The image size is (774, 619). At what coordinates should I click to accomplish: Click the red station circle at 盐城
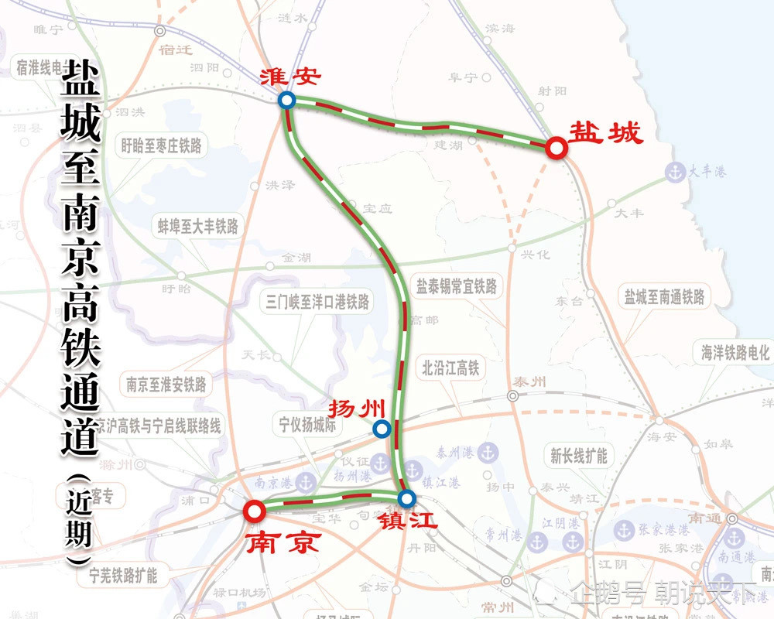pyautogui.click(x=555, y=148)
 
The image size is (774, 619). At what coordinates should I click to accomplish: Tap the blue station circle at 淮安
pyautogui.click(x=287, y=100)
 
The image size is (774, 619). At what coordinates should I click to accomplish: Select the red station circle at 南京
pyautogui.click(x=253, y=511)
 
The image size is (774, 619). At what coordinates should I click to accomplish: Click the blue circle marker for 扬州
pyautogui.click(x=381, y=429)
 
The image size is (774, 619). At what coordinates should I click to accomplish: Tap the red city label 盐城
pyautogui.click(x=606, y=132)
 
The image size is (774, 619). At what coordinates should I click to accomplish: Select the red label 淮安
pyautogui.click(x=290, y=76)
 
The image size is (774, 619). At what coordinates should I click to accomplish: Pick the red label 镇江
pyautogui.click(x=408, y=521)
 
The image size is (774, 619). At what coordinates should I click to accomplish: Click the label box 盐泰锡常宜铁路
pyautogui.click(x=457, y=288)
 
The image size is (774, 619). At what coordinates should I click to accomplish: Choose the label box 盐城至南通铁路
pyautogui.click(x=665, y=296)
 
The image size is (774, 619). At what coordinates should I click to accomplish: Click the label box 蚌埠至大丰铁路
pyautogui.click(x=198, y=226)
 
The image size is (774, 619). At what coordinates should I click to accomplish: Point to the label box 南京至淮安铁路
pyautogui.click(x=166, y=384)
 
